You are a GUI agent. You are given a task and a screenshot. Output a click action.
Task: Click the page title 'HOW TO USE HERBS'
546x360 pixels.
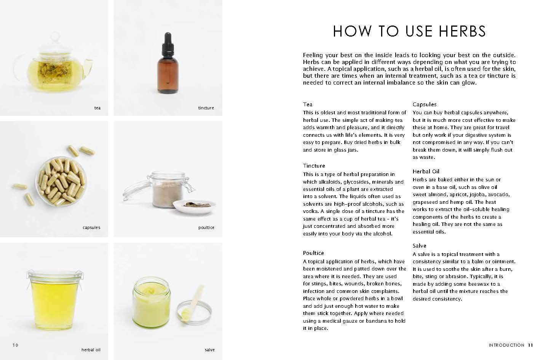(x=409, y=31)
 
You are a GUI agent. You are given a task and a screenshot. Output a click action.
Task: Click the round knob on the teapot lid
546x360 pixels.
(x=56, y=37)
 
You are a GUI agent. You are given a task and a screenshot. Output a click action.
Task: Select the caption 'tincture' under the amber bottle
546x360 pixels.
(x=206, y=108)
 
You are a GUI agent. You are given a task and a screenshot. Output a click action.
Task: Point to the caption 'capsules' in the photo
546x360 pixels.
(x=91, y=227)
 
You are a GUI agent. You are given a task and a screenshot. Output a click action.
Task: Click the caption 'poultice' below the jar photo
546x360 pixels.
(x=206, y=227)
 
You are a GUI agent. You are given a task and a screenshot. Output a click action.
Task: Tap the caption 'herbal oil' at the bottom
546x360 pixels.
(x=91, y=350)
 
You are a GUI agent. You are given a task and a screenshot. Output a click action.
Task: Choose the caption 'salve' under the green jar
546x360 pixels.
(x=209, y=350)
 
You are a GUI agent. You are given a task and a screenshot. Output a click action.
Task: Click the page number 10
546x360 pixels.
(x=15, y=345)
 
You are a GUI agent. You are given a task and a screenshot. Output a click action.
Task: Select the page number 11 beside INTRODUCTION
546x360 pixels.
(x=530, y=345)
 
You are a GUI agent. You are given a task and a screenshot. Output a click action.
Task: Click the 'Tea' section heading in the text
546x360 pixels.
(x=308, y=104)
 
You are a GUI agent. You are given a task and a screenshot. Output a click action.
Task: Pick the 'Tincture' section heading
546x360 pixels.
(x=314, y=166)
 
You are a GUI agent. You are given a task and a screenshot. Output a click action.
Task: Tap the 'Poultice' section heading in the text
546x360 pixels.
(x=313, y=253)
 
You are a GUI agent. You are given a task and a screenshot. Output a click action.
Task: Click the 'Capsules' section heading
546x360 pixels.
(x=425, y=104)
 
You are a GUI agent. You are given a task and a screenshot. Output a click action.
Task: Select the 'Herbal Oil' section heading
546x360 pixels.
(x=426, y=171)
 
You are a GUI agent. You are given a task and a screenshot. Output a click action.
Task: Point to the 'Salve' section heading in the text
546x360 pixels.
(x=420, y=246)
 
